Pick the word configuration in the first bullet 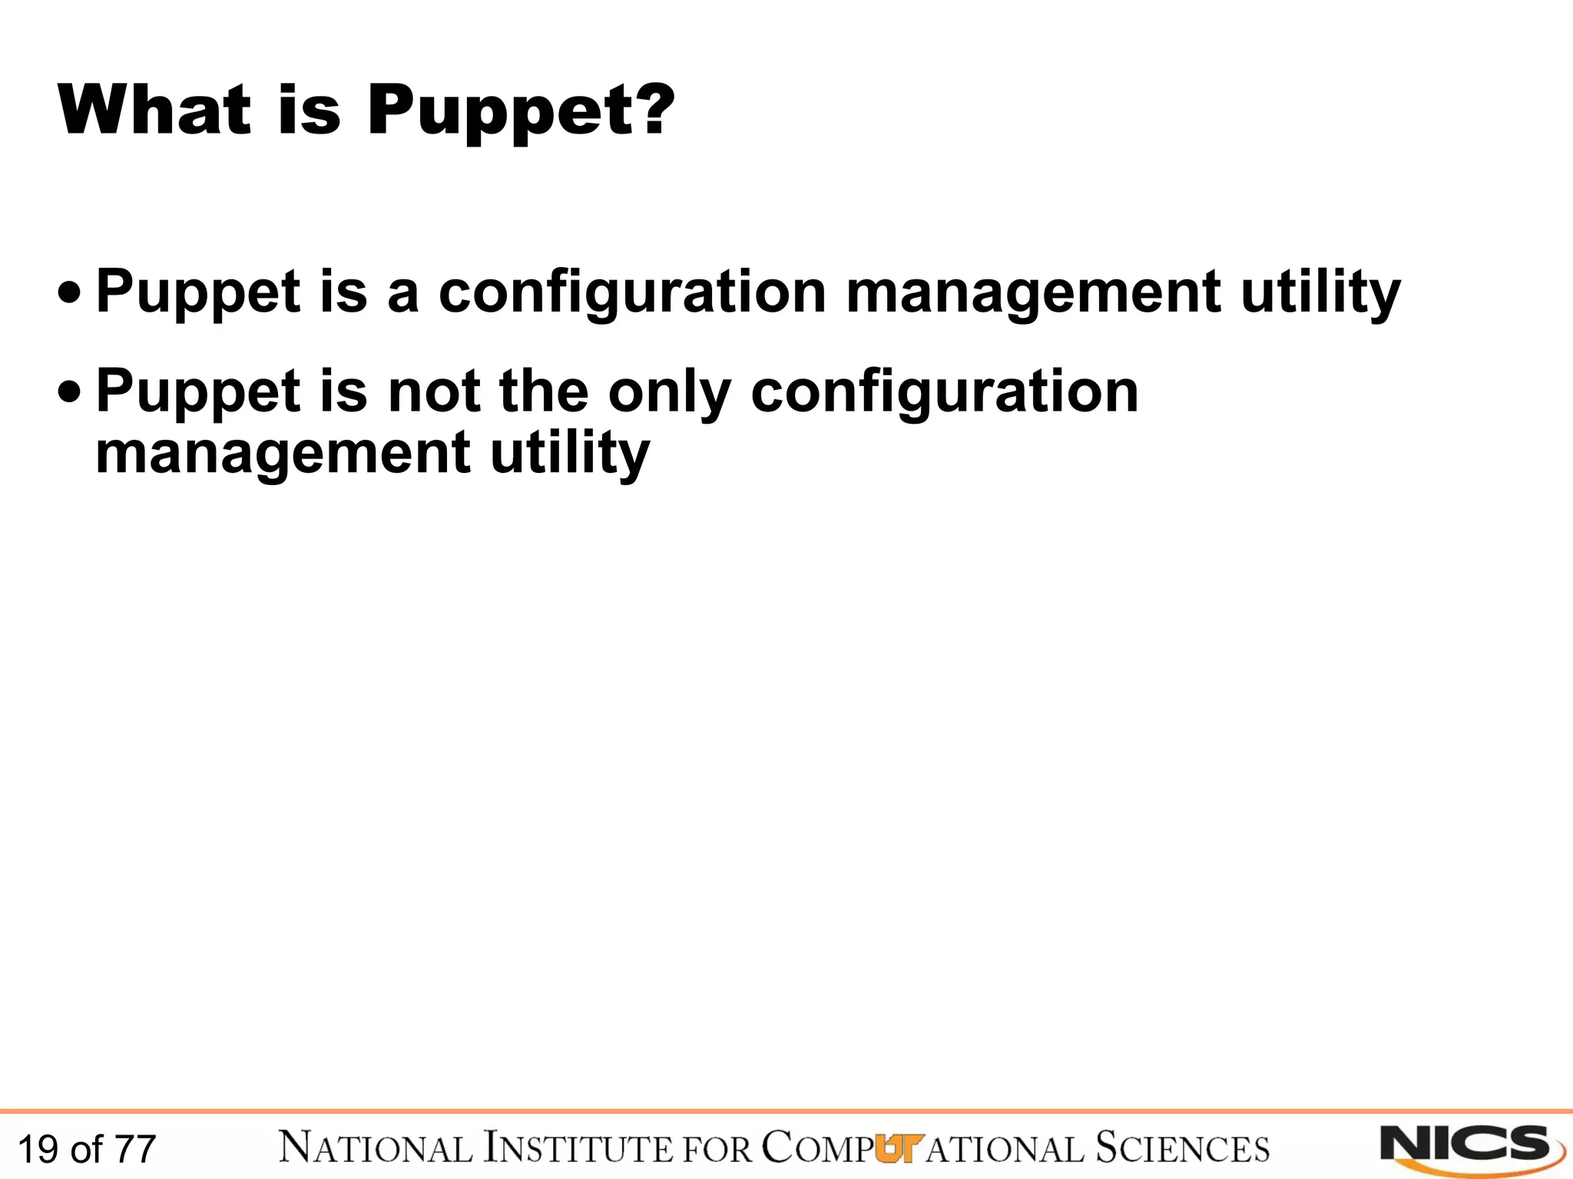tap(632, 295)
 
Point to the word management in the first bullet tap(1033, 293)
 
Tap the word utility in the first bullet tap(1320, 295)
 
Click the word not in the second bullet tap(434, 391)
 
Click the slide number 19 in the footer tap(38, 1150)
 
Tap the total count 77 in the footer tap(136, 1150)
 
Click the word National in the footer tap(376, 1148)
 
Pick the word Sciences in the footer tap(1182, 1148)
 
